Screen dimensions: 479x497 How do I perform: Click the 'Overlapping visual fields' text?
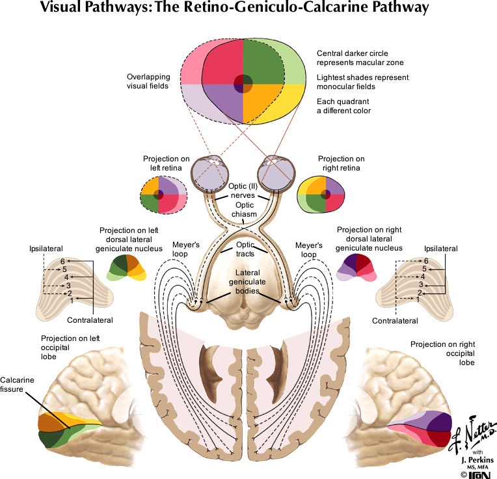(x=149, y=81)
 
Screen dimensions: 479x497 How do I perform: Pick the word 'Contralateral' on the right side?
(x=394, y=320)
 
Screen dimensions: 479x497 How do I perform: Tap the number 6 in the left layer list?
(x=63, y=261)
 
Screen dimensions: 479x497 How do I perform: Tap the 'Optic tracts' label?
(x=245, y=249)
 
